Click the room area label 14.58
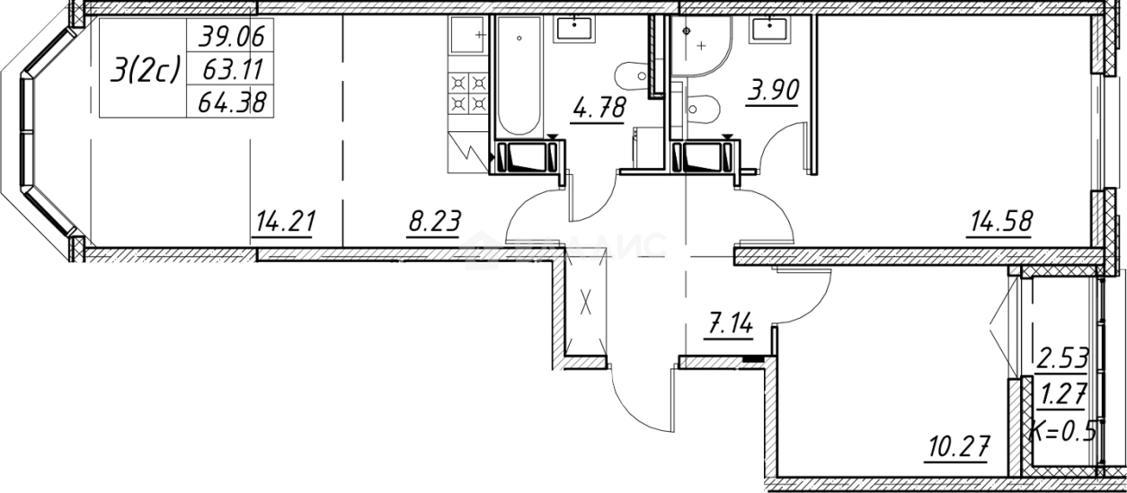click(x=998, y=220)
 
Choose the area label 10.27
click(x=960, y=445)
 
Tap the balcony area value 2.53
click(x=1062, y=361)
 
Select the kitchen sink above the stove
click(x=466, y=40)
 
